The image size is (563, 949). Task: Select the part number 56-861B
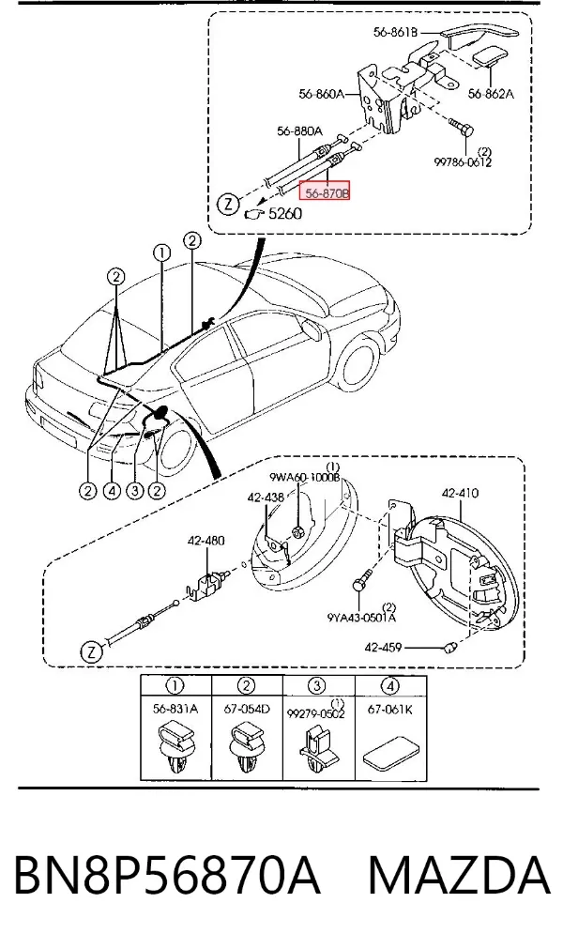click(x=395, y=33)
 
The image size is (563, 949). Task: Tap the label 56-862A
click(x=491, y=94)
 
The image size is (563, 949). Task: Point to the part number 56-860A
click(x=321, y=94)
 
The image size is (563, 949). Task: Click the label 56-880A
click(x=300, y=130)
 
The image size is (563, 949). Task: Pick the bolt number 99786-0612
click(x=463, y=162)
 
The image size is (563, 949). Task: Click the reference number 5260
click(x=284, y=213)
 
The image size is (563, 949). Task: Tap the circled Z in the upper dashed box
click(x=229, y=204)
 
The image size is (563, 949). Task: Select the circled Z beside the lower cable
click(x=92, y=651)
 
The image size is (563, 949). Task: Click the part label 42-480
click(x=206, y=540)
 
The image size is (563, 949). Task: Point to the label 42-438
click(x=266, y=497)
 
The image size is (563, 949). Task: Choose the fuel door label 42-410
click(x=460, y=493)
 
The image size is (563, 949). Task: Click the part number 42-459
click(x=383, y=648)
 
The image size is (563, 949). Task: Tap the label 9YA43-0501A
click(x=361, y=618)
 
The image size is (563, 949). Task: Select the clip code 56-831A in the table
click(x=175, y=710)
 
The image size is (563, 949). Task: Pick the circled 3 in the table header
click(x=317, y=686)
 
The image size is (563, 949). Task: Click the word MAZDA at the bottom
click(x=460, y=875)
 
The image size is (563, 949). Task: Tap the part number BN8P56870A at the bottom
click(x=166, y=875)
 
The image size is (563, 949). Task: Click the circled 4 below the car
click(x=112, y=490)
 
